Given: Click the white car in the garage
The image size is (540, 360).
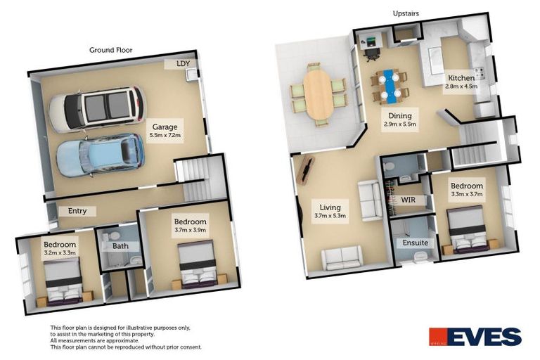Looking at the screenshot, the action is coord(97,109).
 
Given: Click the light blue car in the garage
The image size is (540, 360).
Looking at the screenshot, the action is coord(100,155).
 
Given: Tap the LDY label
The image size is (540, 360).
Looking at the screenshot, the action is coord(183,64).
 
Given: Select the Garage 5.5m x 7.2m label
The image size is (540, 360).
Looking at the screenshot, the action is coord(165,131).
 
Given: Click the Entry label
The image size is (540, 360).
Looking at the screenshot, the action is coord(77,211).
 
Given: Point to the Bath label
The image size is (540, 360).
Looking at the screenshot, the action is coord(120,246).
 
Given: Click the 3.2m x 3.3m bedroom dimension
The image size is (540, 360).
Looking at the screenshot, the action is coord(60,252).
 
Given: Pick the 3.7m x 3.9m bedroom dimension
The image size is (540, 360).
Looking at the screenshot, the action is coord(190,230).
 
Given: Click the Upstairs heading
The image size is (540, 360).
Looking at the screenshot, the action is coord(406,13).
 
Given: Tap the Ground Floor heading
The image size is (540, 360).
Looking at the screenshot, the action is coord(110,50).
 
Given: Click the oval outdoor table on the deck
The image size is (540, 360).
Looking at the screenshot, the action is coord(318,94).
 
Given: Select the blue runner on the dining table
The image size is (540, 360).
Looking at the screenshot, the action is coord(390,86).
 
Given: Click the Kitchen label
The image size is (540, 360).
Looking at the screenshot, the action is coord(461,78).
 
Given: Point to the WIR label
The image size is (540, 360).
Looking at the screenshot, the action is coord(408,200).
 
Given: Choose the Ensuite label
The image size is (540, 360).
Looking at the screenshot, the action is coord(416,243).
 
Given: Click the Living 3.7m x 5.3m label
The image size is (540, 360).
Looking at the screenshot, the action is coord(330,211).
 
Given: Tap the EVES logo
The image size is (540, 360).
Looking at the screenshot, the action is coord(475,336).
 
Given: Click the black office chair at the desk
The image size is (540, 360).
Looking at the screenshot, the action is coord(372,53).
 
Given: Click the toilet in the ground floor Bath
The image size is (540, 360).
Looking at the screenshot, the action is coord(112,236).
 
